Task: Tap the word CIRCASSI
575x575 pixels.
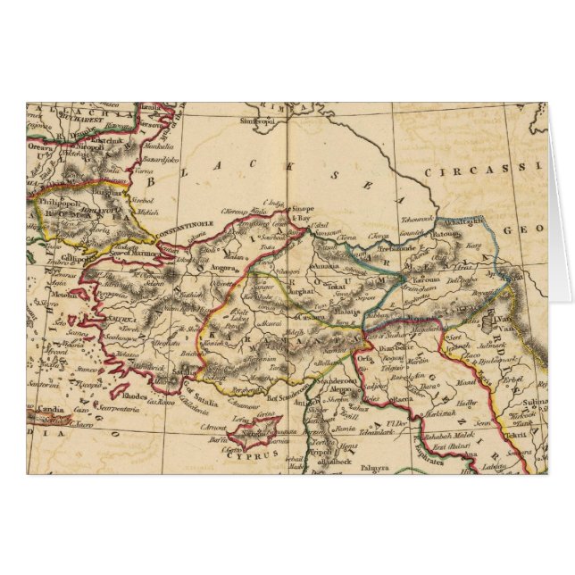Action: (487, 171)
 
